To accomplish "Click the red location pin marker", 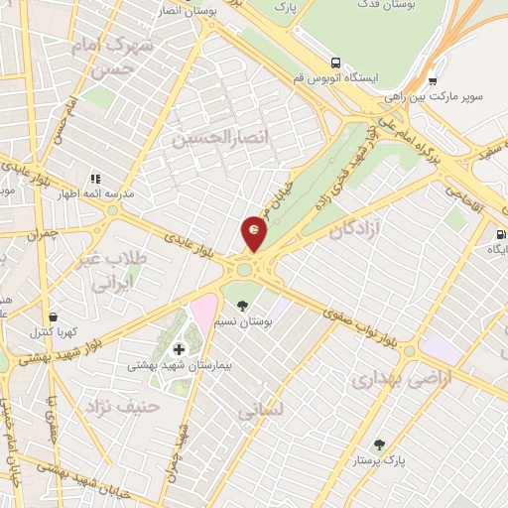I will [255, 233].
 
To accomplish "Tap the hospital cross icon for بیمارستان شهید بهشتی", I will [179, 349].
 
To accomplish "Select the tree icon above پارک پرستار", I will [378, 445].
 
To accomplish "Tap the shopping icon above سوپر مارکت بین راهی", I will [433, 81].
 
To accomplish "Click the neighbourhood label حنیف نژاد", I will [111, 406].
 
